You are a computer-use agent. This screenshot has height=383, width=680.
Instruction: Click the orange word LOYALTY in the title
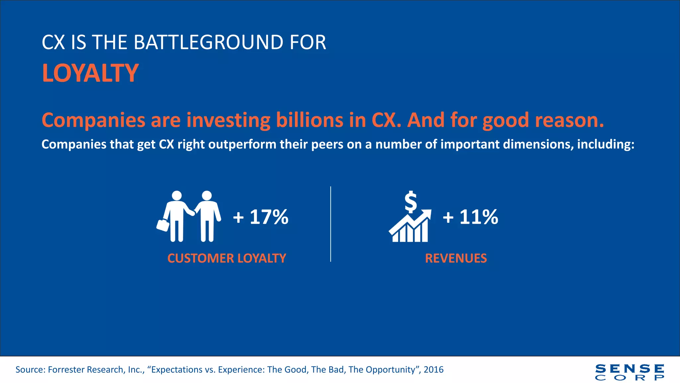pos(90,73)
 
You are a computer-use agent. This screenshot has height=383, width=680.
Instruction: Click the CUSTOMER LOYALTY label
pos(226,258)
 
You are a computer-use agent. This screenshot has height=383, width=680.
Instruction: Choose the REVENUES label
pos(456,258)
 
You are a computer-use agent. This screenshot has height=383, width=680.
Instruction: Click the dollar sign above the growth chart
pos(411,201)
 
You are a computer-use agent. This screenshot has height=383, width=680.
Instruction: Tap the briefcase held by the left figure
pos(163,225)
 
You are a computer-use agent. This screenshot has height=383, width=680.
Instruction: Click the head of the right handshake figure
pos(207,195)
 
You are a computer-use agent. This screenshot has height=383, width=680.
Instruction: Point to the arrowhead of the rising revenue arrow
pos(427,214)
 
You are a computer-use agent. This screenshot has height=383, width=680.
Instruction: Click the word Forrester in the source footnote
pos(68,370)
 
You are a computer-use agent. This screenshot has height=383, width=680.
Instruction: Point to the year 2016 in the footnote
pos(433,370)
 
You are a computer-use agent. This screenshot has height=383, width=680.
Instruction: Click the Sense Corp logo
pos(630,372)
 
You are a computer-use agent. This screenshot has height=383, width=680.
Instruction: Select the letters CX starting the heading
pos(53,43)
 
